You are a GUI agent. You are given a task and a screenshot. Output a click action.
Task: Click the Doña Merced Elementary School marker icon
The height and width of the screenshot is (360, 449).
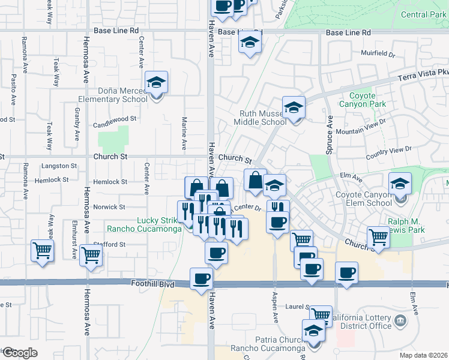click(x=157, y=83)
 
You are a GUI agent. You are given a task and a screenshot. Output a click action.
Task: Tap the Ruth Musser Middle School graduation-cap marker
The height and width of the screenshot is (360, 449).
click(x=294, y=108)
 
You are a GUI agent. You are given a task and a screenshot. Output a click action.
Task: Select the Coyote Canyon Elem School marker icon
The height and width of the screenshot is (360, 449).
click(x=400, y=184)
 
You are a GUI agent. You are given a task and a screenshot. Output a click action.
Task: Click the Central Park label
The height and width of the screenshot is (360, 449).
click(x=423, y=15)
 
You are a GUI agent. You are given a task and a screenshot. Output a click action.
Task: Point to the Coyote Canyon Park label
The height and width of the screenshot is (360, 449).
click(x=364, y=100)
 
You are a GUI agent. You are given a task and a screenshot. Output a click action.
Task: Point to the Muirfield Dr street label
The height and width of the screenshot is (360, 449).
click(x=378, y=53)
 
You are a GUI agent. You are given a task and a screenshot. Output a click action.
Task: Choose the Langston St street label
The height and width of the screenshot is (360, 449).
click(x=59, y=166)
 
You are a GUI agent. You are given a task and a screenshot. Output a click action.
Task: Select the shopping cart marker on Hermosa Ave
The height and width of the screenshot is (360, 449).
click(x=91, y=254)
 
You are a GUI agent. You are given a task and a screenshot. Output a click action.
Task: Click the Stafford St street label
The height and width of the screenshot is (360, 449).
click(x=109, y=245)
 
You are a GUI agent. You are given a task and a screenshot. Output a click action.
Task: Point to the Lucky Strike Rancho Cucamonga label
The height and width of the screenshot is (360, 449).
click(x=144, y=224)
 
